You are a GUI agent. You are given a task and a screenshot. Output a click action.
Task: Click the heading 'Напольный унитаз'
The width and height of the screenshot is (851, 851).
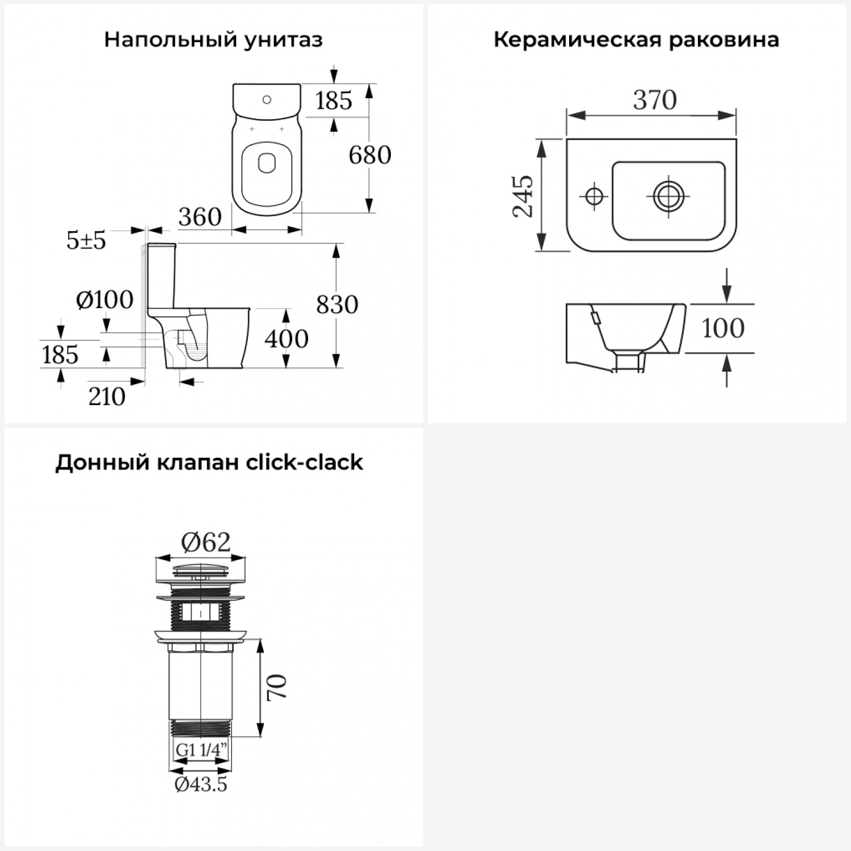[x=213, y=40]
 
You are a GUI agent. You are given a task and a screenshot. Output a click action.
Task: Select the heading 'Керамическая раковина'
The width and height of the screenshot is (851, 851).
[x=636, y=40]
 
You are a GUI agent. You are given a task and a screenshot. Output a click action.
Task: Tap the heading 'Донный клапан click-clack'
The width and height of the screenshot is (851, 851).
[x=209, y=462]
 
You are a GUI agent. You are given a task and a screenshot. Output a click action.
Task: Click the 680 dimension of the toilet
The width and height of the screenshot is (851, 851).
[x=370, y=155]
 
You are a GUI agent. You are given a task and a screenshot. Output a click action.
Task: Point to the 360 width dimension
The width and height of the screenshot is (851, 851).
[x=200, y=217]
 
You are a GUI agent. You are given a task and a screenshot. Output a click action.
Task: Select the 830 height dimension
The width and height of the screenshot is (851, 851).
[x=337, y=305]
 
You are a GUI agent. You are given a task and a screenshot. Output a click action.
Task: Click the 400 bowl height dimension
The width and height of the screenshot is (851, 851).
[x=287, y=339]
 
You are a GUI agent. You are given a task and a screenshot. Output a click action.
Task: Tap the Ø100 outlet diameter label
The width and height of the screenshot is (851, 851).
[x=105, y=300]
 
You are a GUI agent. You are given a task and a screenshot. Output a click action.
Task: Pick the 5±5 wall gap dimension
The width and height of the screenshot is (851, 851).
[x=86, y=241]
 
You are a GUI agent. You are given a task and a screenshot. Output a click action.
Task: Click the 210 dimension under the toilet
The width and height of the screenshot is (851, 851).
[x=107, y=397]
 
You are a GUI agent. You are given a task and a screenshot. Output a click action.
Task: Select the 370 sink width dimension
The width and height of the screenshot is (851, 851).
[x=655, y=100]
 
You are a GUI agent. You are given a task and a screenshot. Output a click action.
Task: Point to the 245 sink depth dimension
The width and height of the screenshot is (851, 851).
[x=523, y=196]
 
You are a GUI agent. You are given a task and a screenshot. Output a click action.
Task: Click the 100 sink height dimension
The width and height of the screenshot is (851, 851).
[x=723, y=328]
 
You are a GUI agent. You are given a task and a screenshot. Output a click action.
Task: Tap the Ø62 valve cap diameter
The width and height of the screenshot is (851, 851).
[x=206, y=542]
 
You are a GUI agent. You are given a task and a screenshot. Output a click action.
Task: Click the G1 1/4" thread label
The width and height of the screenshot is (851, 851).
[x=201, y=749]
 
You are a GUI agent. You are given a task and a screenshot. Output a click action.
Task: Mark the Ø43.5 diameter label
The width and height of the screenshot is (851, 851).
[x=201, y=784]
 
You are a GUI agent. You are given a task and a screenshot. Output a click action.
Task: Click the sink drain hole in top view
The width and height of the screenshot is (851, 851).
[x=668, y=196]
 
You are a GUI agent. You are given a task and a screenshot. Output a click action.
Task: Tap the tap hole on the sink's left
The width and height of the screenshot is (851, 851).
[x=593, y=196]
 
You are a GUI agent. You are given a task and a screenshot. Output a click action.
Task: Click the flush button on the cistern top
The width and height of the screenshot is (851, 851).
[x=267, y=100]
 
